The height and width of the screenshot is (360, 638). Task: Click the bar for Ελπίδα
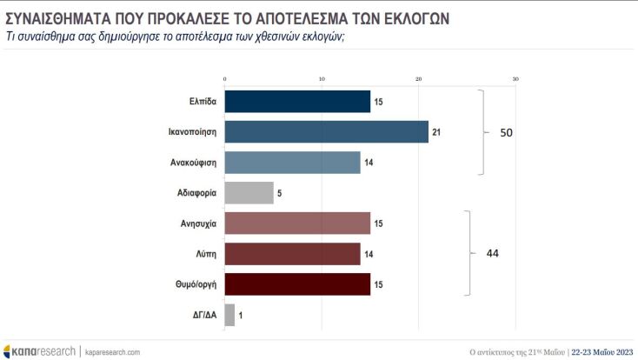coord(297,102)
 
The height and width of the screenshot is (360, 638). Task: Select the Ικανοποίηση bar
coord(326,132)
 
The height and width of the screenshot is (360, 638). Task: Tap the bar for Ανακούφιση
coord(292,163)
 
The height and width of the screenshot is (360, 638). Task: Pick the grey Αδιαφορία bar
coord(249,192)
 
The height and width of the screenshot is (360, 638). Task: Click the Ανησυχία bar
coord(297,223)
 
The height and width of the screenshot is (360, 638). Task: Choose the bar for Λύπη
coord(292,253)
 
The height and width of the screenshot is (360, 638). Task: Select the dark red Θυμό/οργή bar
coord(297,283)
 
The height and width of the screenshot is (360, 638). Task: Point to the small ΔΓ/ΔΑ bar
coord(229,314)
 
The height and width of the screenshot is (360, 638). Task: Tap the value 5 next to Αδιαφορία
coord(279,193)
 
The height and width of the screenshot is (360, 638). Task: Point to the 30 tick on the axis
coord(515,80)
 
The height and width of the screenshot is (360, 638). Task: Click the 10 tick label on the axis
coord(322,80)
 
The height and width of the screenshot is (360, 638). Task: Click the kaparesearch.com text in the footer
coord(112,351)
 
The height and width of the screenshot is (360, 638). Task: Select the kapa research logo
coord(40,351)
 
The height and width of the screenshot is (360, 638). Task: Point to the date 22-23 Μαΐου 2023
coord(601,351)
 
